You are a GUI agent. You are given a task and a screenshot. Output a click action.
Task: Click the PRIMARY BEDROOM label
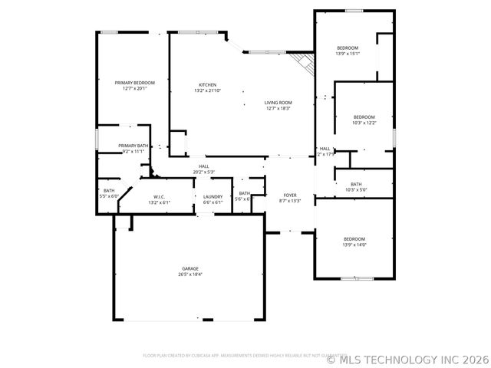click(134, 83)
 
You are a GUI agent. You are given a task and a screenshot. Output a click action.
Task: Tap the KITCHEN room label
click(207, 85)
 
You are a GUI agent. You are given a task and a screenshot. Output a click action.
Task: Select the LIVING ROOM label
click(278, 103)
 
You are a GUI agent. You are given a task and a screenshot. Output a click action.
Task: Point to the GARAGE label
click(189, 268)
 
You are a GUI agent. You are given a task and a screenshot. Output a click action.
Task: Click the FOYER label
click(290, 195)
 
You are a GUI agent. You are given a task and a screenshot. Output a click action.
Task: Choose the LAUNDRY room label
click(213, 197)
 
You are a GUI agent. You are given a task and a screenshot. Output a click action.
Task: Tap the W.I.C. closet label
click(160, 197)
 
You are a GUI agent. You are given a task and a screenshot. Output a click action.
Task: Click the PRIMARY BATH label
click(133, 146)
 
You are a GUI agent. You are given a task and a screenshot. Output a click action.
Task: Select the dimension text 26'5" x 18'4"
click(189, 274)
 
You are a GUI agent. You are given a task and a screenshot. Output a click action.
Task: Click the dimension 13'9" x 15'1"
click(348, 54)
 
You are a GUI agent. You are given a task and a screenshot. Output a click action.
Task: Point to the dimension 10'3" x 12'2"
click(364, 123)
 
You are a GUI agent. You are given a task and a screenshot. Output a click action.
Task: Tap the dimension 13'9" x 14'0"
click(354, 245)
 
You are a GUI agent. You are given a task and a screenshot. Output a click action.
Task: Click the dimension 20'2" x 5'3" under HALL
click(203, 172)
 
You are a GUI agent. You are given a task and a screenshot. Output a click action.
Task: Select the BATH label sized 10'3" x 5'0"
click(356, 184)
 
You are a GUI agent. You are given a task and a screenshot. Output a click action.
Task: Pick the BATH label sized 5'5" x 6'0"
click(109, 191)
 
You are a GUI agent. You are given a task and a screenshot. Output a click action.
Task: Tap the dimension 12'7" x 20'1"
click(134, 88)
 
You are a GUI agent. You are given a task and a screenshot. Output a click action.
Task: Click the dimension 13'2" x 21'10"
click(207, 90)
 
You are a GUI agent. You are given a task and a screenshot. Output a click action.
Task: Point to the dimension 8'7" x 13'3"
click(290, 201)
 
